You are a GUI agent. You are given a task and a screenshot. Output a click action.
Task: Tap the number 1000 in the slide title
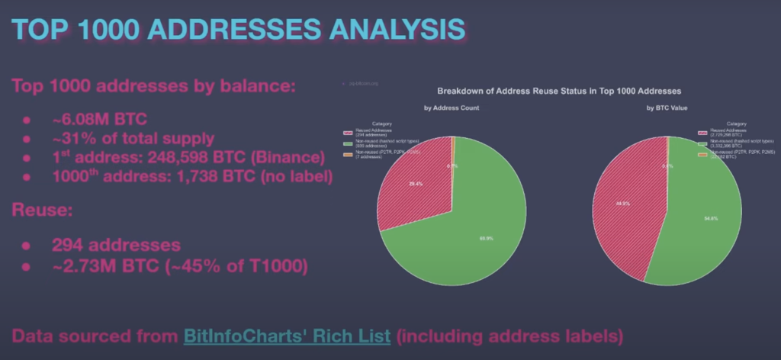(121, 29)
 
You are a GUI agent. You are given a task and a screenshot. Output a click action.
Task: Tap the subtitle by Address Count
(452, 108)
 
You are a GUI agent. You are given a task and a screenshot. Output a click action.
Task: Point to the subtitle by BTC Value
(667, 108)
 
